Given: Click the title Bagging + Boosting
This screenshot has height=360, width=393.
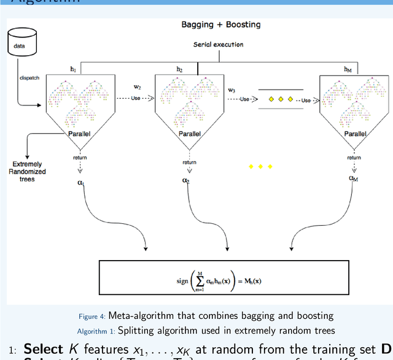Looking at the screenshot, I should pos(220,25).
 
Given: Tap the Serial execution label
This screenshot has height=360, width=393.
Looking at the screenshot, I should pos(218,44).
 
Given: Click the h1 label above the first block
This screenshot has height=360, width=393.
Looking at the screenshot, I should pos(74,69).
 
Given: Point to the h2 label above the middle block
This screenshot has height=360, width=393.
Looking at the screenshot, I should pos(179,69).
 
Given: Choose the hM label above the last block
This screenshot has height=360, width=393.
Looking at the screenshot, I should pos(348,69).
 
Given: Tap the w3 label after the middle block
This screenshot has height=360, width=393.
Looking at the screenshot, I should pos(232,90).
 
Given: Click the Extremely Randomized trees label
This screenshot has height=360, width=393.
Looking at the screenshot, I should pos(27,171).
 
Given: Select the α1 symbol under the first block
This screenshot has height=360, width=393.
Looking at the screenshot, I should pos(80,182).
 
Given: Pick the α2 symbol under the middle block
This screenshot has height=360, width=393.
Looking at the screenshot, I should pos(185,180).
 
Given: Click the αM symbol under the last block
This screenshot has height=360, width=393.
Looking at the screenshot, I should pos(353,178).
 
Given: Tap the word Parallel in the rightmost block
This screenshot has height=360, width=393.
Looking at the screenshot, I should pos(354,133).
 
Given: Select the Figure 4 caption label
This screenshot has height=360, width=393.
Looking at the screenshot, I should pos(92,316).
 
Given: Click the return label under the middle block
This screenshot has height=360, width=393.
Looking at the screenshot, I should pos(189,163).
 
